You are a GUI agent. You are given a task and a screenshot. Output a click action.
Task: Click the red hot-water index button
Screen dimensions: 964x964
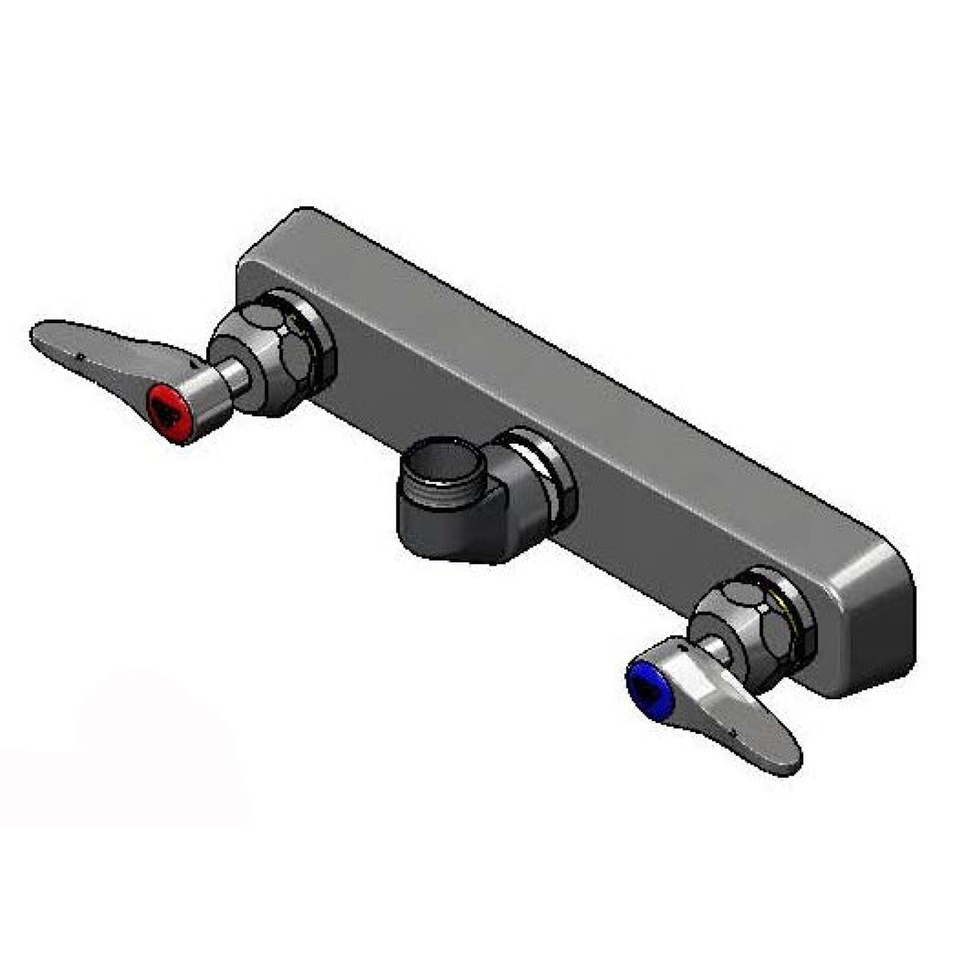click(x=167, y=408)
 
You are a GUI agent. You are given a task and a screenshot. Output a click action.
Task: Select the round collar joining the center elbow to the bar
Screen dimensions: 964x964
click(x=544, y=477)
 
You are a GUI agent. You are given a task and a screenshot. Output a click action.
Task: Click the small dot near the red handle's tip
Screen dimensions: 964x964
click(x=79, y=356)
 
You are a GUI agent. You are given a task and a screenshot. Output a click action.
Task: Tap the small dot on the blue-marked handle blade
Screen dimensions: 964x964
click(x=733, y=733)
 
